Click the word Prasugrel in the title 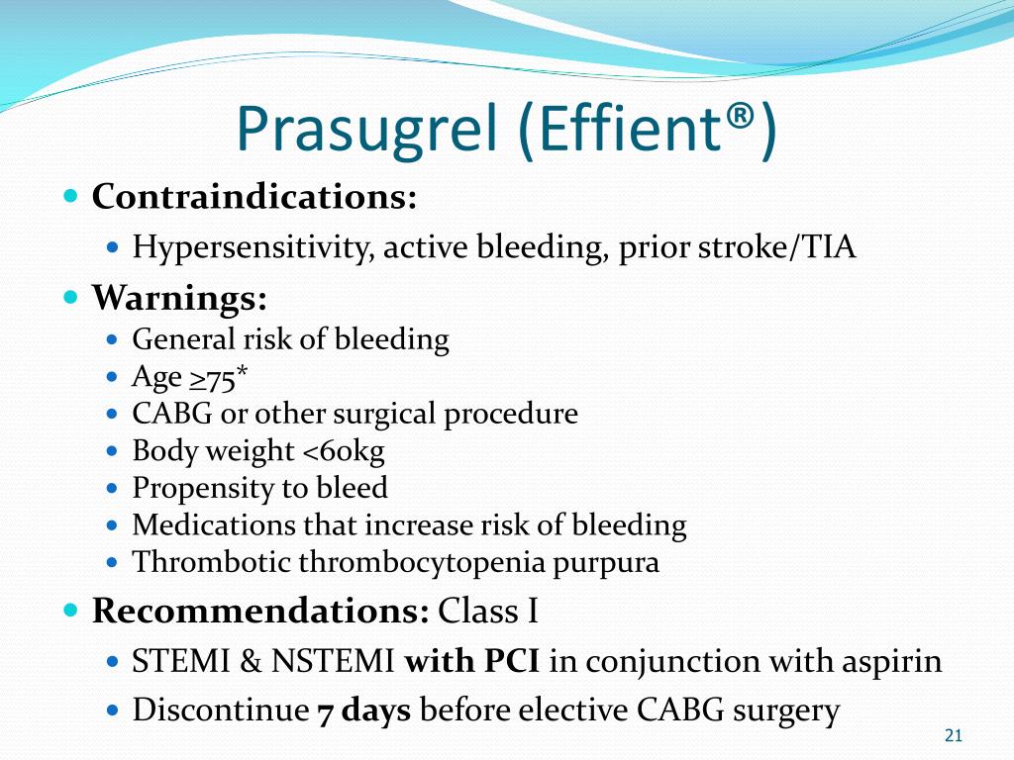point(367,129)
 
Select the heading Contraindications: point(254,196)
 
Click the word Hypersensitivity point(252,247)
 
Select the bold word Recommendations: point(260,611)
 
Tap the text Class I point(488,611)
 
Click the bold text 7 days point(363,710)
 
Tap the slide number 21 point(954,735)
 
